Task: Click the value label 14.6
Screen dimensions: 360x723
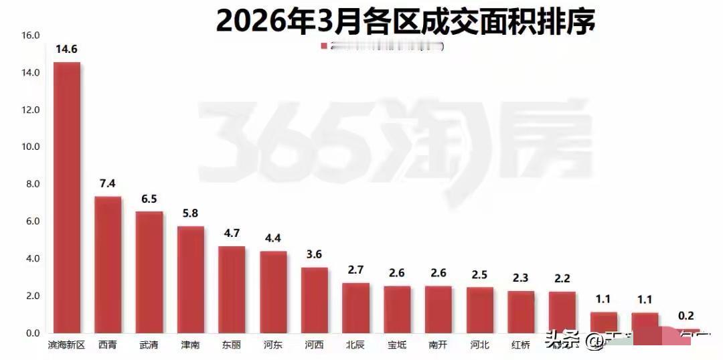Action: click(67, 49)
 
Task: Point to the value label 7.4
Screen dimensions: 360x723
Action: click(108, 183)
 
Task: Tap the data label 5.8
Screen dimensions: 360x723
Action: click(191, 213)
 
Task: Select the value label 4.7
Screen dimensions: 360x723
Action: click(232, 234)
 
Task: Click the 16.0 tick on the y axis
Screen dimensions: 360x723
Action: click(31, 35)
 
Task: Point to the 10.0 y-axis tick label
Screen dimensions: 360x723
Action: click(31, 147)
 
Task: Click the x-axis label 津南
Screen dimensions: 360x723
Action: click(190, 346)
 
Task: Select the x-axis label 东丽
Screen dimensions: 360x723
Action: click(232, 346)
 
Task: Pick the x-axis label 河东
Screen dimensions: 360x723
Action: click(273, 346)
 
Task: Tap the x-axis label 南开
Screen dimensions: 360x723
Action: click(438, 346)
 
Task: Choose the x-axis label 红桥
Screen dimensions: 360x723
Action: click(521, 346)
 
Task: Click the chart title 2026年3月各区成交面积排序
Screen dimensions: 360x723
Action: click(405, 20)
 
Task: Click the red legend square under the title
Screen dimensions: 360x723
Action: click(324, 46)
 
